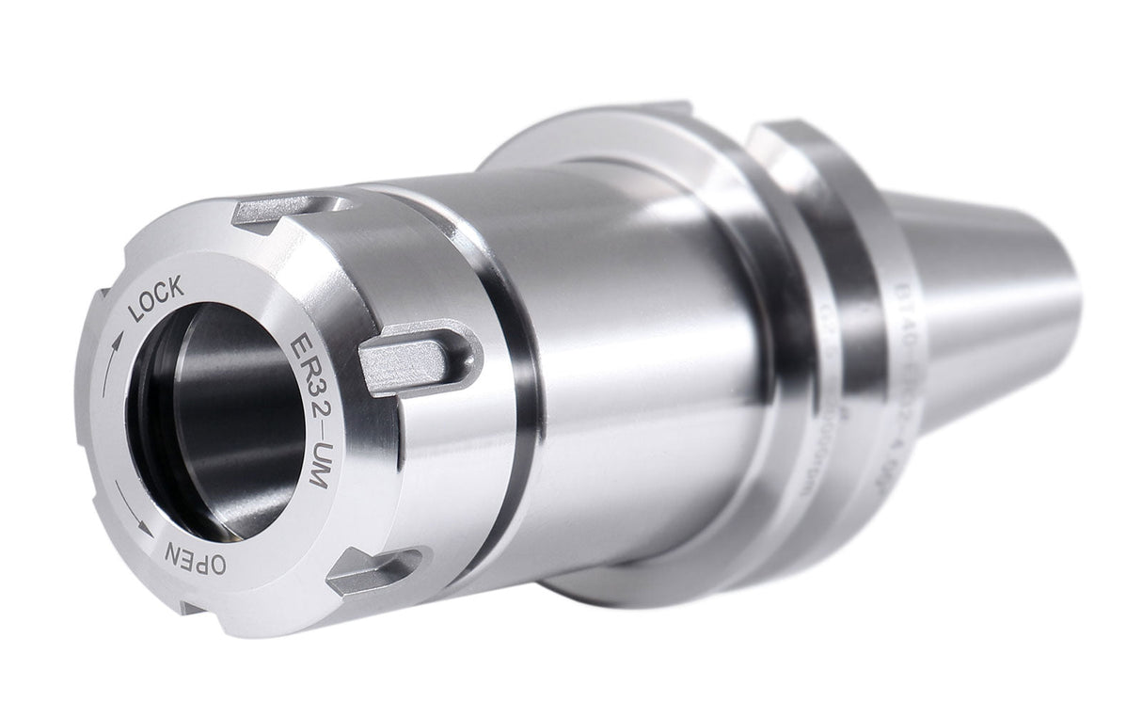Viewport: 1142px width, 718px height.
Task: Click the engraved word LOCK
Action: [155, 301]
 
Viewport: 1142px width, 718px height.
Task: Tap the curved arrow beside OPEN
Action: [133, 509]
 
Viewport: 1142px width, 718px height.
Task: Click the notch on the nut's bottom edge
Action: [193, 607]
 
